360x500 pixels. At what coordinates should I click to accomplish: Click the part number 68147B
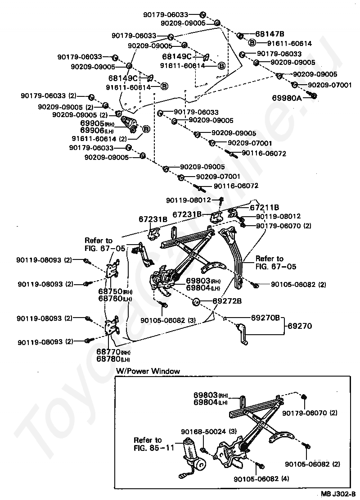(270, 34)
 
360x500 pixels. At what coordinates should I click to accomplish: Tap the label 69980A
(287, 97)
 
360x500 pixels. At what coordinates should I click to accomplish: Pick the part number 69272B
(227, 300)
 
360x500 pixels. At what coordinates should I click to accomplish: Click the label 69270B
(265, 318)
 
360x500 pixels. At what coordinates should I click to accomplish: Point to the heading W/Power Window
(148, 371)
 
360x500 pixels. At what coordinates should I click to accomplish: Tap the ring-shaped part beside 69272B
(196, 301)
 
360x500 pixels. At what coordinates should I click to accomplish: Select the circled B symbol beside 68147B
(252, 43)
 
